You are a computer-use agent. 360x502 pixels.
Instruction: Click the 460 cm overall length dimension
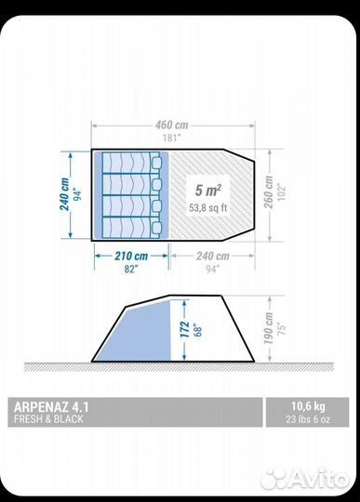(x=172, y=125)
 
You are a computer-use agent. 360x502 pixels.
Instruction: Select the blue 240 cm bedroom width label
(x=64, y=194)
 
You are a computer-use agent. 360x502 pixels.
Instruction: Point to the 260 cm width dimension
(x=269, y=192)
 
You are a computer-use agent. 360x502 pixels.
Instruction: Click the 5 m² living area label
(x=208, y=191)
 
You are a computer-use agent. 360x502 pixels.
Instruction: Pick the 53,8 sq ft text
(x=208, y=208)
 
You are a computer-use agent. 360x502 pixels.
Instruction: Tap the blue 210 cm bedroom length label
(x=131, y=257)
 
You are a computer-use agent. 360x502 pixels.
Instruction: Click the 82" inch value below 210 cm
(x=131, y=270)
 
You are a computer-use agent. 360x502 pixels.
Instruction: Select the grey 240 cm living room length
(x=213, y=257)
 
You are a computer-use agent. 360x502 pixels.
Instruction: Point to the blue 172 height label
(x=184, y=329)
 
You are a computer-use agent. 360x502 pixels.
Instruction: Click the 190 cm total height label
(x=269, y=328)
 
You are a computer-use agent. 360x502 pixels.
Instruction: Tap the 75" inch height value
(x=281, y=329)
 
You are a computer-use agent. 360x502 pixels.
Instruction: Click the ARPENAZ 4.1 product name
(x=51, y=407)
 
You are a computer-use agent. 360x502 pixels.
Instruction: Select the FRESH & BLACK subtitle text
(x=48, y=419)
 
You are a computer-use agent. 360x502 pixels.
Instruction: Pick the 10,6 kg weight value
(x=308, y=406)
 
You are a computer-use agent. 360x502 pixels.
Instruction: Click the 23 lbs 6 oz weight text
(x=308, y=419)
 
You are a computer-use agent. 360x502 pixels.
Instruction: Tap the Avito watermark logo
(x=304, y=479)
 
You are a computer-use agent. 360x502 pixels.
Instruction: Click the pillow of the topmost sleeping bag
(x=156, y=163)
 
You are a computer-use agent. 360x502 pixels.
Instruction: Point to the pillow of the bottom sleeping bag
(x=156, y=228)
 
